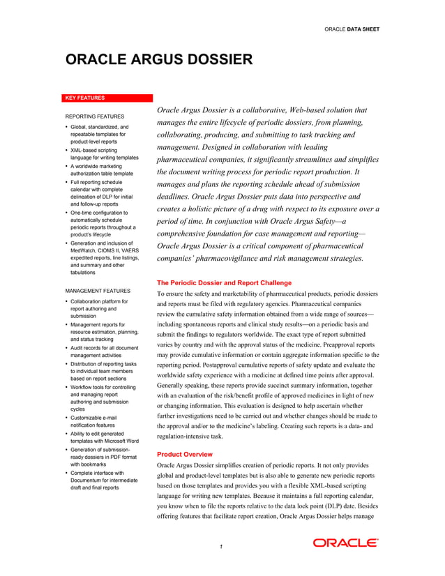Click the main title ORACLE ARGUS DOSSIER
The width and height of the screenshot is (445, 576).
pos(159,60)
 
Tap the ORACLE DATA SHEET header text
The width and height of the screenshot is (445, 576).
pos(352,29)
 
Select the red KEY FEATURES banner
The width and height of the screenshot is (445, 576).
pos(108,98)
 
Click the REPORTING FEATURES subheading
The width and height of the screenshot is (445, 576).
pos(95,116)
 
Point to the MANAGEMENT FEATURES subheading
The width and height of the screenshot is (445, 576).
pos(98,290)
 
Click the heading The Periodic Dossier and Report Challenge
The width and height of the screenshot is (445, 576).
pos(224,283)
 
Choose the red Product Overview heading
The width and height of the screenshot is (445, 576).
pos(185,454)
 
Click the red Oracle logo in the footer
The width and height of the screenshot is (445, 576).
pos(345,543)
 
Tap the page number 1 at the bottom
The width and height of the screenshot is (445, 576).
pos(221,546)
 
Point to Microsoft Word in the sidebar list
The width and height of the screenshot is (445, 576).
pos(122,441)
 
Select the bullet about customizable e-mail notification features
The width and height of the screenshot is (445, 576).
pos(101,420)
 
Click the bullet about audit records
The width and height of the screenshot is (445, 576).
pos(104,351)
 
